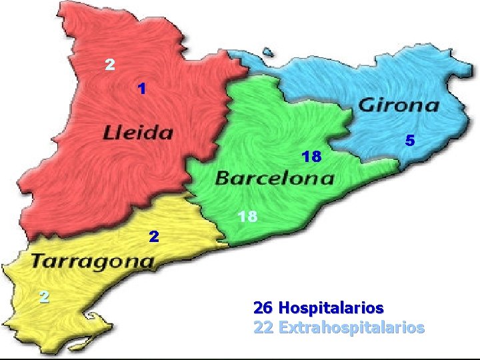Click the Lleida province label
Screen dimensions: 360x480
[138, 132]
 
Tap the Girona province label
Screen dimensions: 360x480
[399, 105]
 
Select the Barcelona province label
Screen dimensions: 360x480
[275, 178]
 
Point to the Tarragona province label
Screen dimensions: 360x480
[93, 260]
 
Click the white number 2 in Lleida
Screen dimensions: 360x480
[110, 65]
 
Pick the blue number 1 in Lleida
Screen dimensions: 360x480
[141, 88]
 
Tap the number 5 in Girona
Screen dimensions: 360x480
[410, 141]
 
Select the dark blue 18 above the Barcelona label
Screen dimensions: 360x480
[311, 157]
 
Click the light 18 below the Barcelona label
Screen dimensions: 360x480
[247, 217]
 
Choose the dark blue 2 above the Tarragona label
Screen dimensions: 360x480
[154, 236]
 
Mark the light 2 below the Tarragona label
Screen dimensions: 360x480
[43, 297]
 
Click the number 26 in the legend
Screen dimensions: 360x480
[263, 308]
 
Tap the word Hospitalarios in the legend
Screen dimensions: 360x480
[331, 308]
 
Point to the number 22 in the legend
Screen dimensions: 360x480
[263, 327]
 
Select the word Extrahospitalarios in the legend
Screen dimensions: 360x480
[351, 327]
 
